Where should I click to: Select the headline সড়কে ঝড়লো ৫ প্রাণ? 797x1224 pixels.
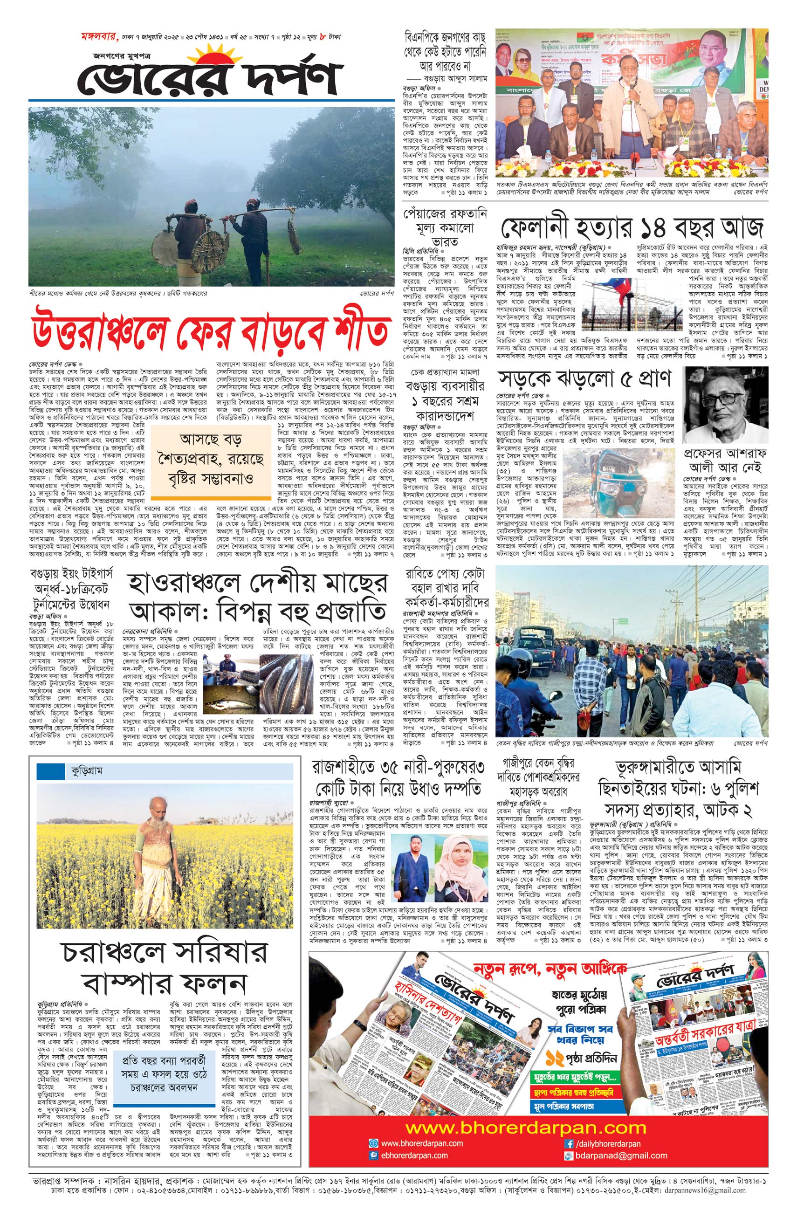coord(584,378)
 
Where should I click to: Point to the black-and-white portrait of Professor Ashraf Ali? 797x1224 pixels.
coord(725,405)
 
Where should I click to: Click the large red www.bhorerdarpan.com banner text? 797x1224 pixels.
coord(525,1125)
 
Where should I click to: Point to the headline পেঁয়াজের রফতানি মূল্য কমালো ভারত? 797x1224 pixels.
coord(444,227)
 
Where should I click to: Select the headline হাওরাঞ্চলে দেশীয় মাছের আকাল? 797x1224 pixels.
coord(257,597)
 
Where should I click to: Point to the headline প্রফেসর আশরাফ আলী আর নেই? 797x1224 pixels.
coord(724,461)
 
